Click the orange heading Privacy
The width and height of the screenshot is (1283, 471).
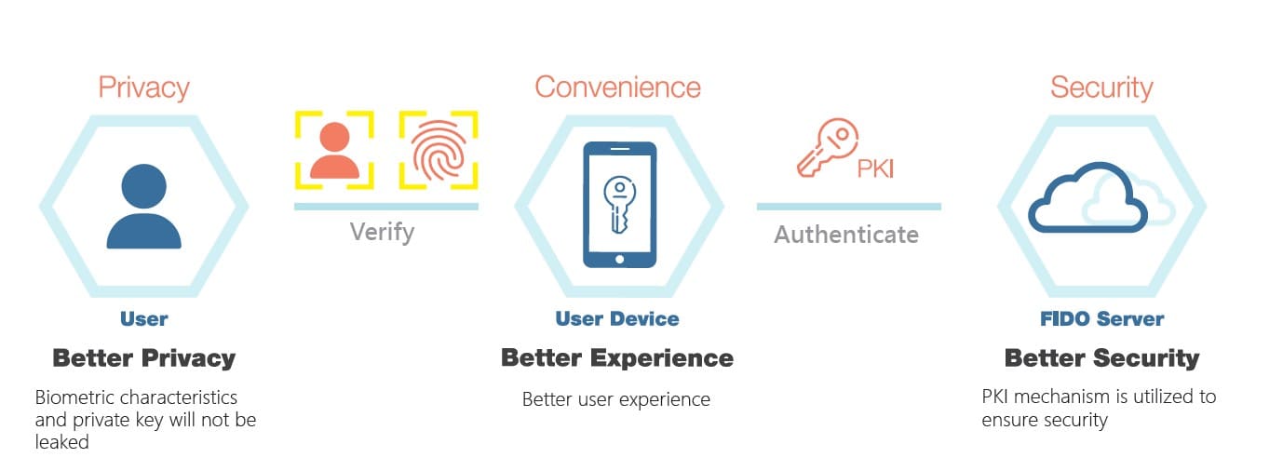(x=143, y=87)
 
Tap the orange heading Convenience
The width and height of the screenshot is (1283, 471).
(x=617, y=87)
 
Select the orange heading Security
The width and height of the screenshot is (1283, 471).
(x=1101, y=88)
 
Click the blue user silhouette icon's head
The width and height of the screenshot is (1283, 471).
(x=143, y=186)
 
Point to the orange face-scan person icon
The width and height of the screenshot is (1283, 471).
(x=334, y=150)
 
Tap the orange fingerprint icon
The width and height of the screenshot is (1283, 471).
(x=439, y=149)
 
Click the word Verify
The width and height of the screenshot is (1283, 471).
(x=382, y=233)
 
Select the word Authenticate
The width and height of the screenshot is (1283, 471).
(x=846, y=235)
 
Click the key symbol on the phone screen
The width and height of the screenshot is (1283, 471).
(x=619, y=204)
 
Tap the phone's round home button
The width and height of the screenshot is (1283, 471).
(x=619, y=260)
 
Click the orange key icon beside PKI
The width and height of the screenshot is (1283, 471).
(x=827, y=148)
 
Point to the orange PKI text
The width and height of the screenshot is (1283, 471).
(x=875, y=168)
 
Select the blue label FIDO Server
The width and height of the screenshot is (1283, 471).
(x=1101, y=318)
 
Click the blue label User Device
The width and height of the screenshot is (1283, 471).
(x=617, y=318)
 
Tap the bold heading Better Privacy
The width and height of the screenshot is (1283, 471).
(x=143, y=358)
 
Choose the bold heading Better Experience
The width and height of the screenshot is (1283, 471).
(x=617, y=358)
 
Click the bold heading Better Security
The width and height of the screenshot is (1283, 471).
(x=1101, y=358)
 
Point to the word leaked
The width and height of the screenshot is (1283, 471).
(x=61, y=442)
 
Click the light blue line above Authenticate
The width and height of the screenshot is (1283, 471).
(x=848, y=207)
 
